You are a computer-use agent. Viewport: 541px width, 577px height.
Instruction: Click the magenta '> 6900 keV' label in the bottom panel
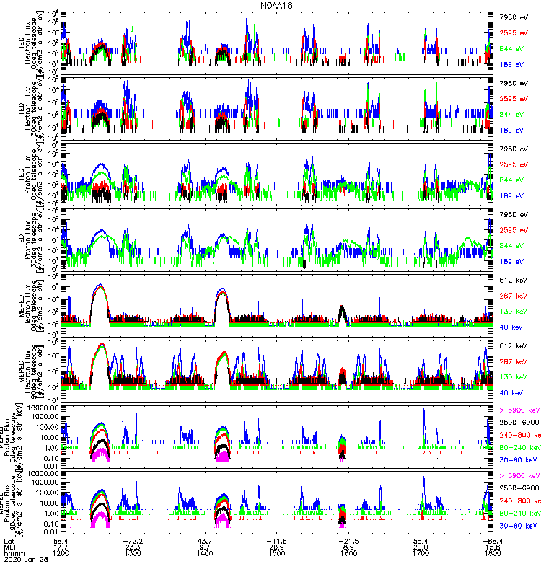click(x=519, y=476)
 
